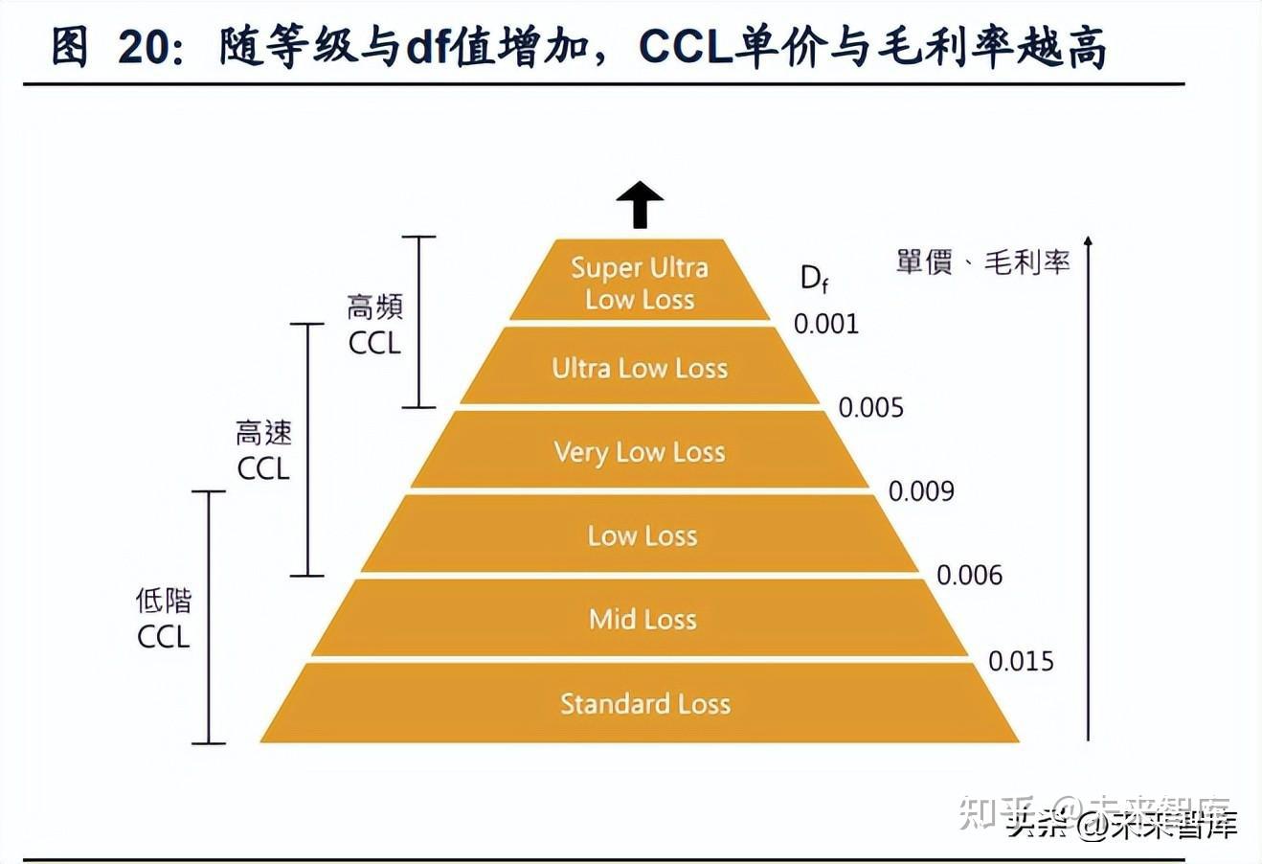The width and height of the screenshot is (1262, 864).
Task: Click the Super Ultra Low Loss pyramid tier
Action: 640,282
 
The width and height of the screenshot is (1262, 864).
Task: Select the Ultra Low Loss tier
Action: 640,368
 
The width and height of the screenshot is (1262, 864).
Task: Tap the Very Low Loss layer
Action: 640,451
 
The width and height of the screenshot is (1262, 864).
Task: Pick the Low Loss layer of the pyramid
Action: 642,535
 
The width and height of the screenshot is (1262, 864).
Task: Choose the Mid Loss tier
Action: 642,619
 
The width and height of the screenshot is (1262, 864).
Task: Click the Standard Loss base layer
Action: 644,704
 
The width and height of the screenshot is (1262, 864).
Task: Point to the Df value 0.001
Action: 826,324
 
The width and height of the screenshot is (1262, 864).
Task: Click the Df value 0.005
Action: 870,407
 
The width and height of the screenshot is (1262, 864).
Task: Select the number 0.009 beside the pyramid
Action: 921,490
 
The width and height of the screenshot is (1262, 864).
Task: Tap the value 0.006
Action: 969,575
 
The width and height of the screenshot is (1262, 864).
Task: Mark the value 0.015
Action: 1021,661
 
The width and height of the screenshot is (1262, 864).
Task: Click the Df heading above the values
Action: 814,278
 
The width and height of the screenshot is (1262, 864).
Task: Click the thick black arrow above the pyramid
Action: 640,205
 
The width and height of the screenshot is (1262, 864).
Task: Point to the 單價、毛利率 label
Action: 982,261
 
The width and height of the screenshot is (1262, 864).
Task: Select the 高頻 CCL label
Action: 374,325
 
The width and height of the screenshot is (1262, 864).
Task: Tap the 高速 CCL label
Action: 263,450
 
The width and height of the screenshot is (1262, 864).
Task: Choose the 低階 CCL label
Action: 164,618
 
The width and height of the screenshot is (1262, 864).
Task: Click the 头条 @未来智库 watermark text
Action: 1121,825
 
